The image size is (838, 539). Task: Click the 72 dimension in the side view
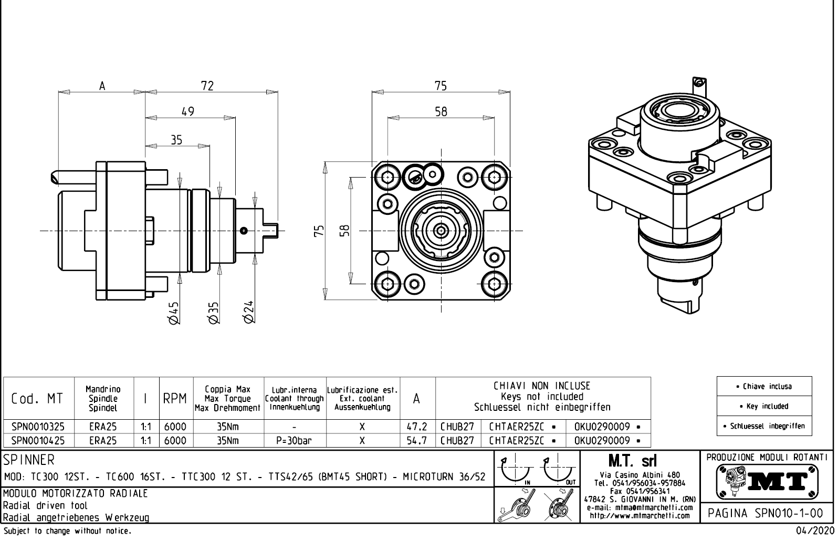point(208,86)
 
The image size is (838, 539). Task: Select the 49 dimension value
point(187,111)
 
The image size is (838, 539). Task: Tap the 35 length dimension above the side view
point(176,140)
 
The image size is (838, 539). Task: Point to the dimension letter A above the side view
point(102,86)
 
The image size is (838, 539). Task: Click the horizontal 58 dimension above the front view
point(441,111)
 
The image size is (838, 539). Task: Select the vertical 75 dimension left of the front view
point(319,231)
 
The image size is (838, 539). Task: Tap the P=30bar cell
point(295,440)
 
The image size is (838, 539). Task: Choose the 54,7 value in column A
point(417,440)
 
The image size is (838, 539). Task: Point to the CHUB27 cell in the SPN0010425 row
point(457,440)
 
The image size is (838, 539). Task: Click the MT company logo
point(768,481)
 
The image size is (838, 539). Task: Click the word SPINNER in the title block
point(29,460)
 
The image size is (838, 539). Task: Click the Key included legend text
point(764,406)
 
